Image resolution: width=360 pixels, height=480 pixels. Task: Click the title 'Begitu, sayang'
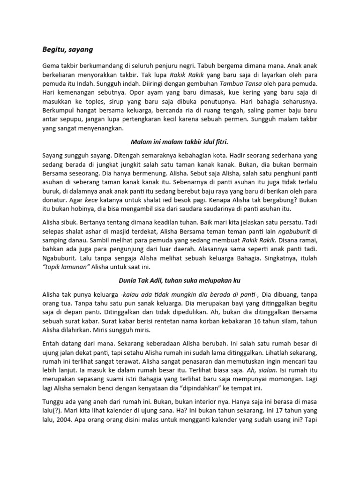coord(68,49)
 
